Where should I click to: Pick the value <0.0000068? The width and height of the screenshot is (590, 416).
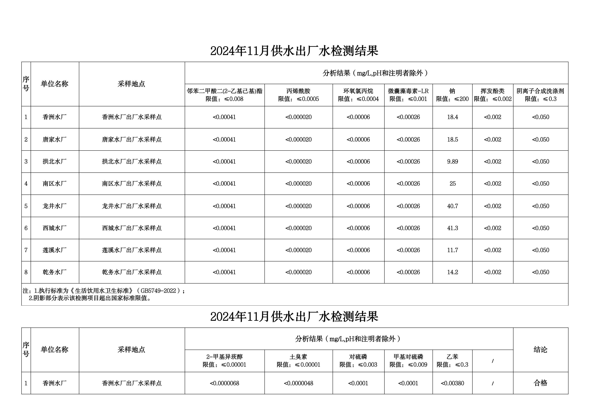pyautogui.click(x=224, y=383)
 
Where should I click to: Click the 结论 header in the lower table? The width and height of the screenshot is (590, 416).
pyautogui.click(x=540, y=350)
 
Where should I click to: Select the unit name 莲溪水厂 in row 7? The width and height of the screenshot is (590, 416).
pyautogui.click(x=55, y=250)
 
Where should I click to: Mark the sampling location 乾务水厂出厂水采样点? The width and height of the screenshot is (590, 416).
pyautogui.click(x=132, y=272)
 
